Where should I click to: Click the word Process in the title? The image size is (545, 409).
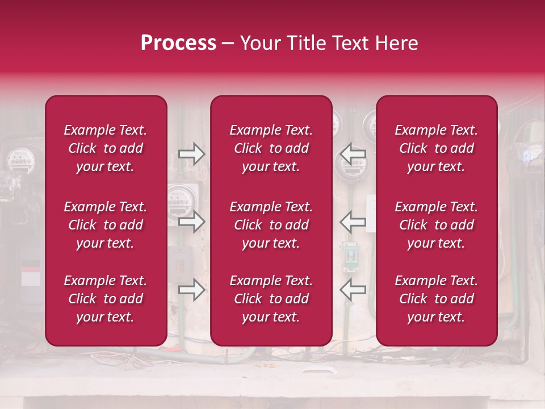point(178,43)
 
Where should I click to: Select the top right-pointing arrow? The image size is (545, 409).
point(191,154)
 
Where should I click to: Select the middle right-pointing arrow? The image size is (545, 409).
point(191,222)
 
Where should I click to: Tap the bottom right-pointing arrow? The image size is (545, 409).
point(191,290)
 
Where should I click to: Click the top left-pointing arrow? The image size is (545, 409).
point(353,154)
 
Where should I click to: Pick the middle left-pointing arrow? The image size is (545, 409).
point(353,222)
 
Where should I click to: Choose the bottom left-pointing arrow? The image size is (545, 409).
point(353,290)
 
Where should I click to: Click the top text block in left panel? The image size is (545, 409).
point(106,148)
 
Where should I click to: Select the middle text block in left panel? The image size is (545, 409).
point(106,225)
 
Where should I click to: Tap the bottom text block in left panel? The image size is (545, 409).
point(106,299)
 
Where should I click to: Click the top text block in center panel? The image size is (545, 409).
point(271,148)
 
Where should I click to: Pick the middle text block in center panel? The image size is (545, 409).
point(271,225)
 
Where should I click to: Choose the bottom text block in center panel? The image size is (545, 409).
point(271,299)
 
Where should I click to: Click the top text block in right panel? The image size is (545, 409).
point(436,148)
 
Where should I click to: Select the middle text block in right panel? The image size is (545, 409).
point(436,225)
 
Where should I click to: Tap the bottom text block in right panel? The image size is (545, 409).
point(436,299)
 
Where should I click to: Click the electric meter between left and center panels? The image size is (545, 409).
point(180,199)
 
